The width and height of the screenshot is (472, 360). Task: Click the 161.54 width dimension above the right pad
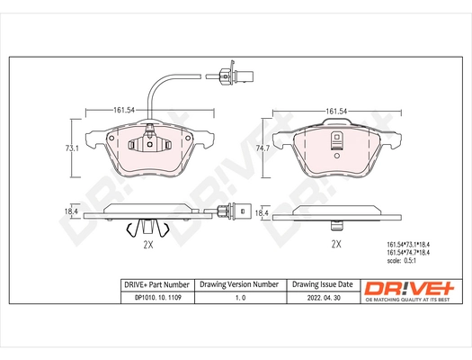point(336,110)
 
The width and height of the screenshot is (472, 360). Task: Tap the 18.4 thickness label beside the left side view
point(76,212)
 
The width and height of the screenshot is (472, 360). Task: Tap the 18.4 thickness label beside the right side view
point(263,212)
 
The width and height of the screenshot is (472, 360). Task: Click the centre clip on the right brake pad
point(336,139)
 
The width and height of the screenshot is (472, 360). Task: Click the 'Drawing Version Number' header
point(239,283)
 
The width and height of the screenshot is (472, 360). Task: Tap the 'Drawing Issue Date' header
point(325,283)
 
